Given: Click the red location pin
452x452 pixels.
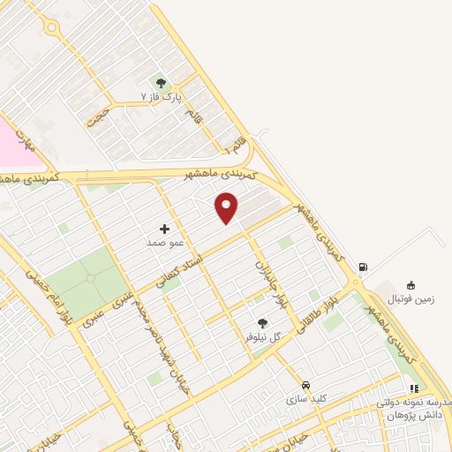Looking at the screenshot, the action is (x=227, y=207).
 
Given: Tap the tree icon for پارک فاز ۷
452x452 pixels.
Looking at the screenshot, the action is (x=160, y=82).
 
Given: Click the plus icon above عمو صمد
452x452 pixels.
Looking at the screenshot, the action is (x=164, y=228).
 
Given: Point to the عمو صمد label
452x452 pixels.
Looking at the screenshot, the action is (x=164, y=240).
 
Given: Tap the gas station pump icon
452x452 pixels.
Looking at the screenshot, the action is (x=362, y=267).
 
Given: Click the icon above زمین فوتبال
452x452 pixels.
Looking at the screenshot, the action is (x=411, y=285).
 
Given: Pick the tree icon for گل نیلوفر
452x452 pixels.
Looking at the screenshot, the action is (x=261, y=324).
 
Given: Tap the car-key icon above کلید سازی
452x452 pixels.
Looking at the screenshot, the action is (x=305, y=386).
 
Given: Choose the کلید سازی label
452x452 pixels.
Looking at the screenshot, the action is (x=305, y=399).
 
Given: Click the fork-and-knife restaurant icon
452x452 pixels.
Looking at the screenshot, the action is (x=413, y=388).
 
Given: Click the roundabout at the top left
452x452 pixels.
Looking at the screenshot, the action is (x=52, y=28).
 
